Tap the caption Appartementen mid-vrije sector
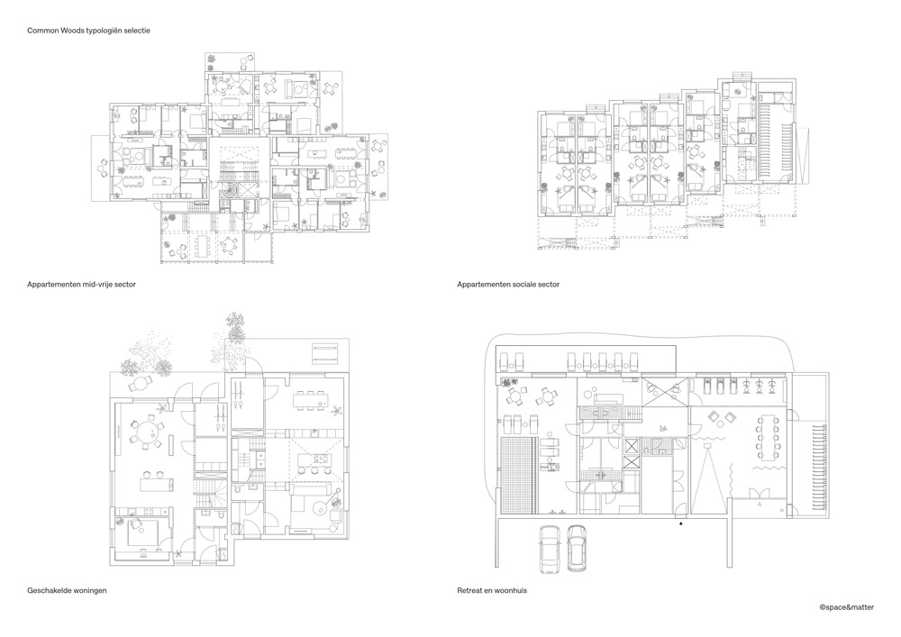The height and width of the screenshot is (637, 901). [81, 284]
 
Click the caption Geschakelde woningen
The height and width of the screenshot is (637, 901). [67, 590]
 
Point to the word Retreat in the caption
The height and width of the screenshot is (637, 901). [469, 590]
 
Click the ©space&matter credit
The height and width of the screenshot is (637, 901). [847, 606]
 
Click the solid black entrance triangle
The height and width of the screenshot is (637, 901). [681, 523]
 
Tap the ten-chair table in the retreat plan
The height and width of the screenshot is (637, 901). [767, 438]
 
